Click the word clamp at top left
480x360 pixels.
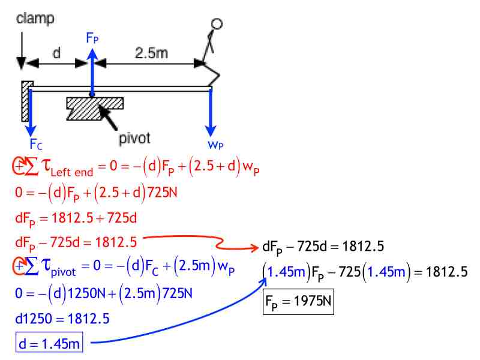(35, 19)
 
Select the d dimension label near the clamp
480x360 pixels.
(56, 53)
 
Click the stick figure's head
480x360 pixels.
(217, 24)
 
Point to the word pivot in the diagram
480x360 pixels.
(134, 138)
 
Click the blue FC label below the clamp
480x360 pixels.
(35, 144)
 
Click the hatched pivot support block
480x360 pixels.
(95, 108)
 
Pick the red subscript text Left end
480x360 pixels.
(71, 173)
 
